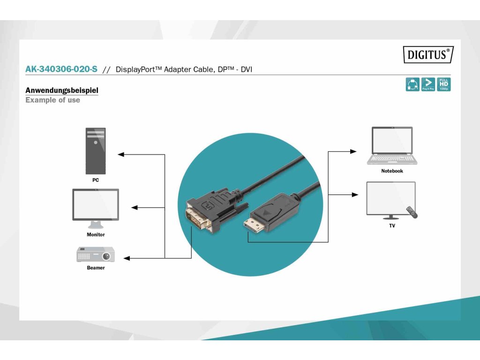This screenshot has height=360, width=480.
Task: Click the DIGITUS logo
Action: pos(428,55)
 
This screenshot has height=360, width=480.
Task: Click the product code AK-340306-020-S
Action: pos(61,69)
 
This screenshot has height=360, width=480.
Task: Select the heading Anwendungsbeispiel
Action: pos(62,90)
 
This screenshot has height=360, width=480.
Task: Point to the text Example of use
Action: pos(52,100)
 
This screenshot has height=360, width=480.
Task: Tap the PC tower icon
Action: pos(96,151)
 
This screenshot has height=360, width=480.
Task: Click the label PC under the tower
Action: pos(96,180)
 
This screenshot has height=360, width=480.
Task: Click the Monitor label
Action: pos(96,234)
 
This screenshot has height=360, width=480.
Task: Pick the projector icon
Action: pos(96,255)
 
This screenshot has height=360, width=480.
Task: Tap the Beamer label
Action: pos(96,268)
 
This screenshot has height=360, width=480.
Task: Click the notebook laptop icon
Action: pos(392,145)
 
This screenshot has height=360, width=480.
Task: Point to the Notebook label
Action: pos(392,171)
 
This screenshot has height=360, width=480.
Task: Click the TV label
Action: pos(392,226)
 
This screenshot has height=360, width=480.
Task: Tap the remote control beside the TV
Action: pos(411,211)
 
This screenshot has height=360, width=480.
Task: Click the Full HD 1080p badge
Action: pos(443,84)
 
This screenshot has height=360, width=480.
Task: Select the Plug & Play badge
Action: pos(428,84)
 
